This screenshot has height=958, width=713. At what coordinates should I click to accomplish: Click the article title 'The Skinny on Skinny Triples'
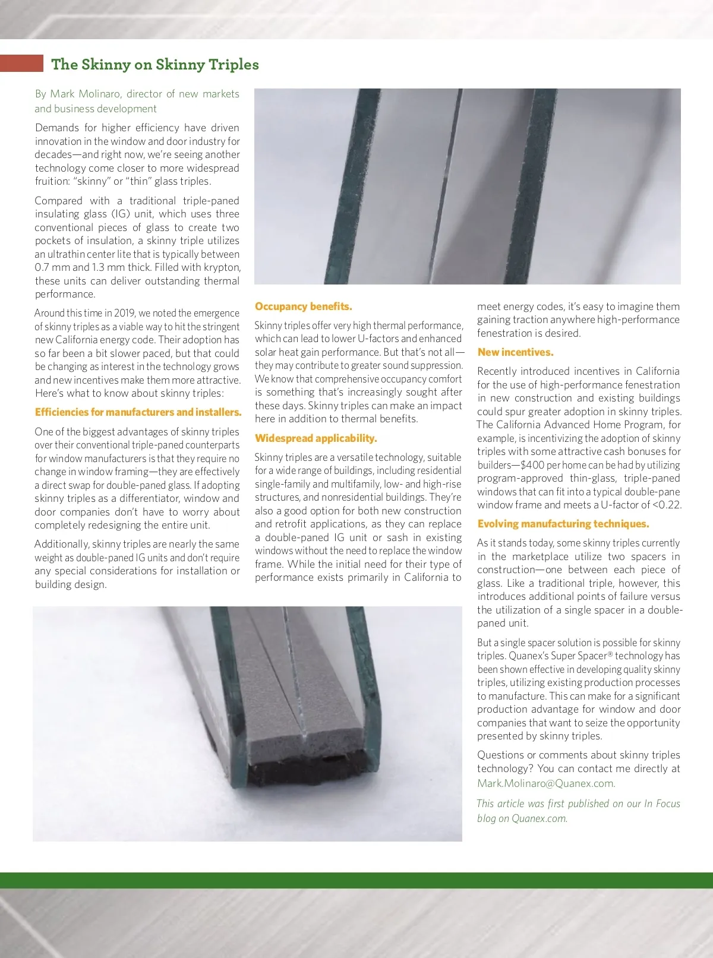pyautogui.click(x=154, y=64)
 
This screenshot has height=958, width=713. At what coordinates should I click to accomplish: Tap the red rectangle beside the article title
pyautogui.click(x=21, y=63)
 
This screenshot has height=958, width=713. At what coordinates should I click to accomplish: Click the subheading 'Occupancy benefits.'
pyautogui.click(x=303, y=306)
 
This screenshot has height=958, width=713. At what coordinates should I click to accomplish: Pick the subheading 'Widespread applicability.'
pyautogui.click(x=316, y=438)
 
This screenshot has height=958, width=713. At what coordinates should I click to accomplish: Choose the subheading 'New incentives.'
pyautogui.click(x=515, y=352)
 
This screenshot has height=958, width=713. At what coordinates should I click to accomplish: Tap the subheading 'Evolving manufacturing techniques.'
pyautogui.click(x=563, y=524)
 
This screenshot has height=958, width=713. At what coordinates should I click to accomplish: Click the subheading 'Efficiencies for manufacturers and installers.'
pyautogui.click(x=138, y=412)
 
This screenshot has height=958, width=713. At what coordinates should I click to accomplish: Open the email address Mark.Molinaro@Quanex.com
pyautogui.click(x=545, y=783)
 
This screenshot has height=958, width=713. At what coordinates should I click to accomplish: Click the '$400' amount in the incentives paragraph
pyautogui.click(x=532, y=465)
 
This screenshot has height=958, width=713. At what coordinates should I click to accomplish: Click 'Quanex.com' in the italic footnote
pyautogui.click(x=538, y=818)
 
